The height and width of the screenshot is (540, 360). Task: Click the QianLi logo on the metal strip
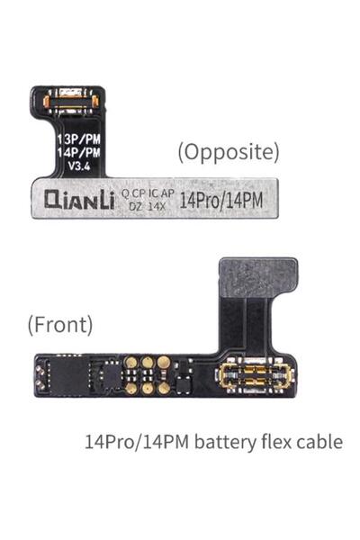tap(79, 200)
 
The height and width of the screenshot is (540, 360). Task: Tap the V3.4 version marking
tap(79, 166)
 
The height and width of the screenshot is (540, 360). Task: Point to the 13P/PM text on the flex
tap(79, 139)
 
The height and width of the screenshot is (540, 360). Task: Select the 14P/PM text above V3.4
tap(79, 152)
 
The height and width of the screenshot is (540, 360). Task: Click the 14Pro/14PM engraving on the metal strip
tap(221, 201)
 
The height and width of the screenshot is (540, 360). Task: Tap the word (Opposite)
tap(229, 152)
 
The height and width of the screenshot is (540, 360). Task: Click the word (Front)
tap(60, 325)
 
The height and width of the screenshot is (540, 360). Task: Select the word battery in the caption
tap(225, 442)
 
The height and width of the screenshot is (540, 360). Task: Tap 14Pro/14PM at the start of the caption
tap(137, 442)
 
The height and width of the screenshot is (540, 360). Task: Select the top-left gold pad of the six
tap(131, 362)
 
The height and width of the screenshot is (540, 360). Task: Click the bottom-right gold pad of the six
tap(164, 388)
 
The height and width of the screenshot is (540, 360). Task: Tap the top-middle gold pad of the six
tap(148, 362)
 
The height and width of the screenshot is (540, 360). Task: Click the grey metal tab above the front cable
tap(258, 277)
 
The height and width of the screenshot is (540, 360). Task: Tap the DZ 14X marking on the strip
tap(148, 206)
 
